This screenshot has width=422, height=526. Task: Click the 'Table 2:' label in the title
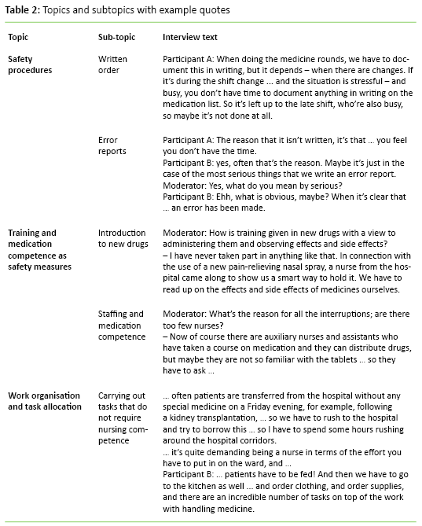[x=23, y=9]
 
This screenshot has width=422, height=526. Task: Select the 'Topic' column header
[x=20, y=38]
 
